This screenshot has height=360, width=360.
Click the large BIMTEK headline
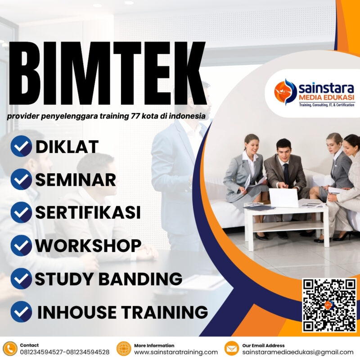coord(107,74)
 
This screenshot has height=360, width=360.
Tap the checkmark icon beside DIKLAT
coord(21,147)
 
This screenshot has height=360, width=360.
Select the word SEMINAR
coord(76,180)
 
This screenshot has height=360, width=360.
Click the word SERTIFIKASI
coord(88,212)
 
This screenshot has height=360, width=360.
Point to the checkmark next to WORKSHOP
coord(21,246)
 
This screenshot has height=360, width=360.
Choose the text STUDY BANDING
coord(108,279)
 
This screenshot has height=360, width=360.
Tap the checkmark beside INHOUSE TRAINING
coord(21,311)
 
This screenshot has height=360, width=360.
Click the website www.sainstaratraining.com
coord(176,352)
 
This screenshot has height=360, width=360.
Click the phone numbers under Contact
coord(64,352)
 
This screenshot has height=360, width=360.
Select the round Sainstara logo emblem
coord(285,90)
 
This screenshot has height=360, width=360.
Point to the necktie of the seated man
coord(286,162)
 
